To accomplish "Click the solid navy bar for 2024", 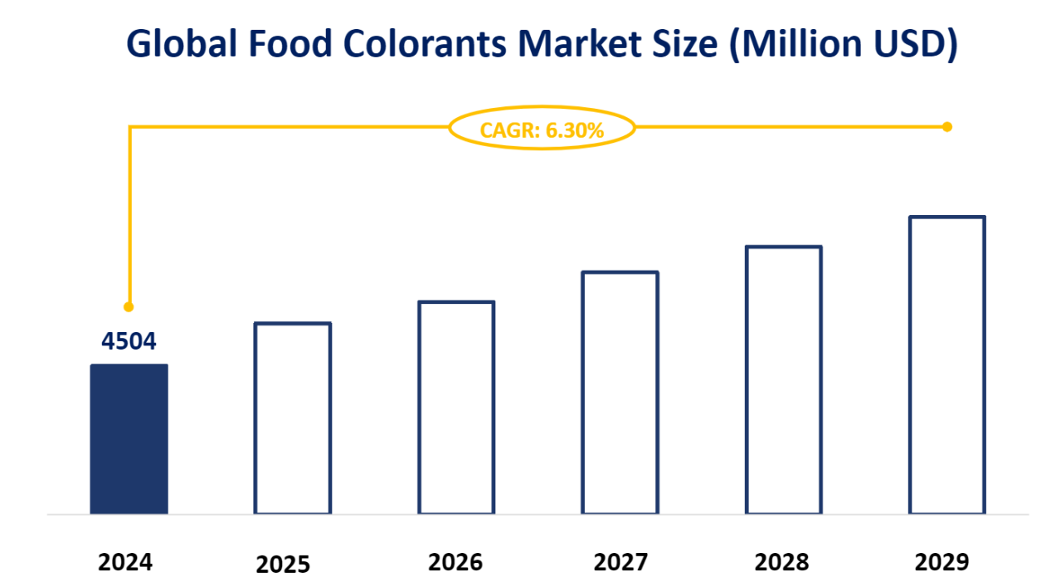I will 129,438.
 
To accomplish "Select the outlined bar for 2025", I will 292,418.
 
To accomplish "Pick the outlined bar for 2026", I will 456,407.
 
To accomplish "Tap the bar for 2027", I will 620,392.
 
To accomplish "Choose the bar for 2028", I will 783,379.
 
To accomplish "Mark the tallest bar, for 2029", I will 947,364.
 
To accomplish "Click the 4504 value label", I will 129,341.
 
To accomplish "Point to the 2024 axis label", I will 125,562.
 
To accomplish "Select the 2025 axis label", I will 283,565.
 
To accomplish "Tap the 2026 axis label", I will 455,562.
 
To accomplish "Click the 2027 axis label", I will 620,562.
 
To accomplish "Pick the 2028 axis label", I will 781,562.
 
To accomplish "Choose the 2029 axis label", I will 942,562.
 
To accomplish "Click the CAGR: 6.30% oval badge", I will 542,129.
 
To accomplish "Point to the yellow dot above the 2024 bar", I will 129,306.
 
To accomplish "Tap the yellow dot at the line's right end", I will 947,127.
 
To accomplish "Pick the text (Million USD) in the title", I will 842,46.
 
